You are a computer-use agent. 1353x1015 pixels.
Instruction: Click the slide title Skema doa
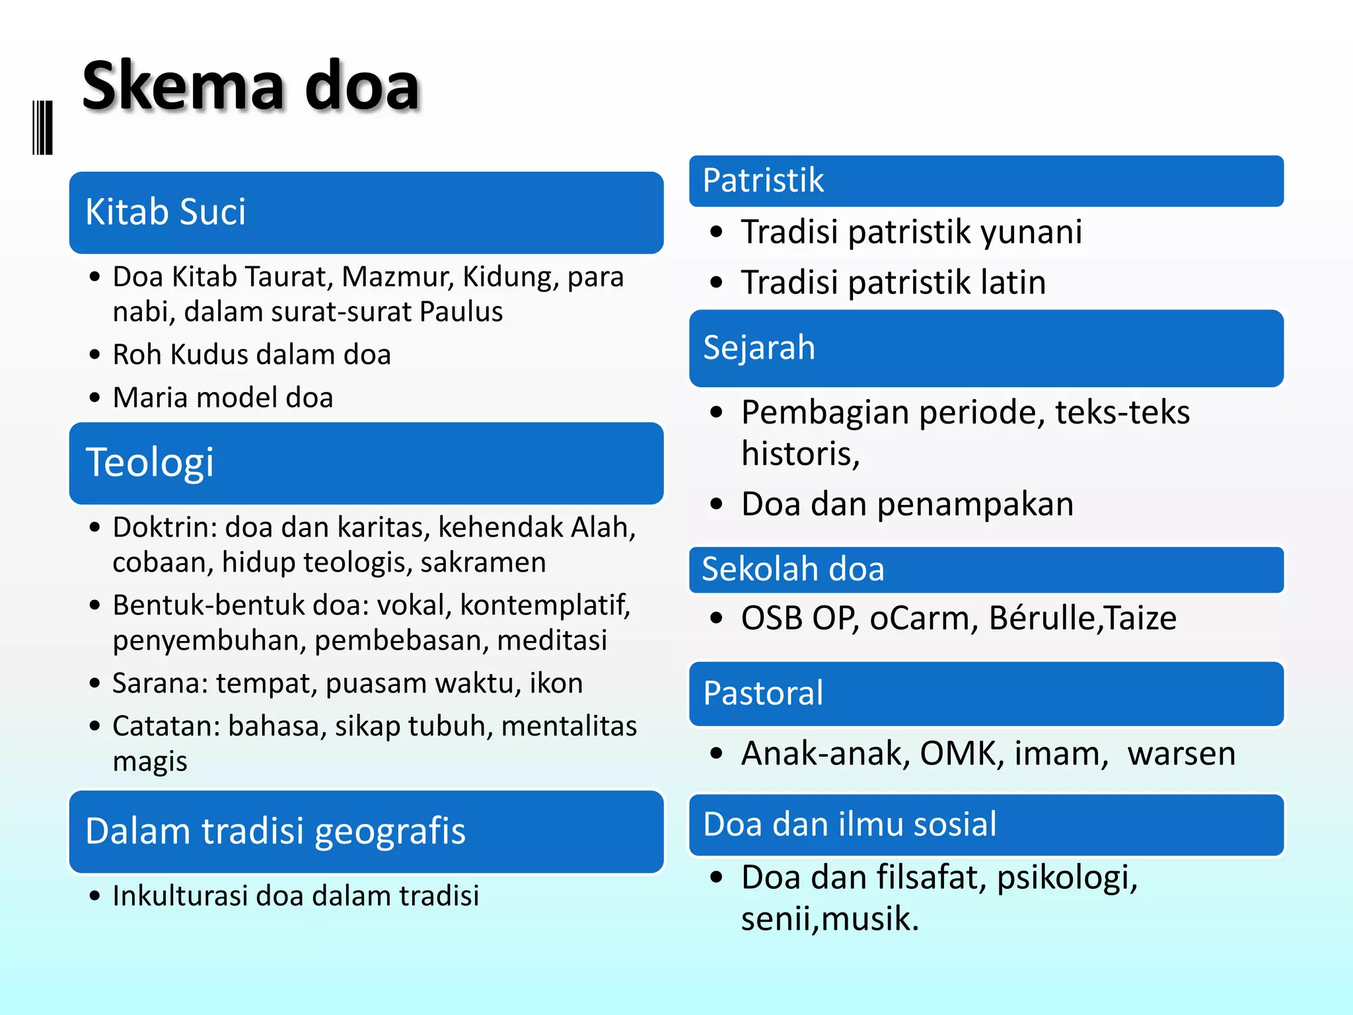(x=251, y=86)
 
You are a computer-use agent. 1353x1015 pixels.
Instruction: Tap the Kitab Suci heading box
(x=366, y=213)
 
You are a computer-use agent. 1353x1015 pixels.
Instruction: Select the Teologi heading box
(x=366, y=463)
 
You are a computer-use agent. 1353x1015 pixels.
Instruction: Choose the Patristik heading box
(x=986, y=181)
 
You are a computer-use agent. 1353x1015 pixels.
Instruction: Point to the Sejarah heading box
(x=986, y=348)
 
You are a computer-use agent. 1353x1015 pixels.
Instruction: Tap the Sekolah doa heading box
(x=986, y=570)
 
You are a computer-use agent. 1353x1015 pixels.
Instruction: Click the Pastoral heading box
(x=986, y=694)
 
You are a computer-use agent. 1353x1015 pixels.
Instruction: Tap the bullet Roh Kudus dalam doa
(x=252, y=355)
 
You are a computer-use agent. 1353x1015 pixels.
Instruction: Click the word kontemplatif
(x=546, y=605)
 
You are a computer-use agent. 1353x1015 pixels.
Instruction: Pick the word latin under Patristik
(x=1012, y=283)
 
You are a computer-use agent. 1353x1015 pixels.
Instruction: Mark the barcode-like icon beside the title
(x=42, y=128)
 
